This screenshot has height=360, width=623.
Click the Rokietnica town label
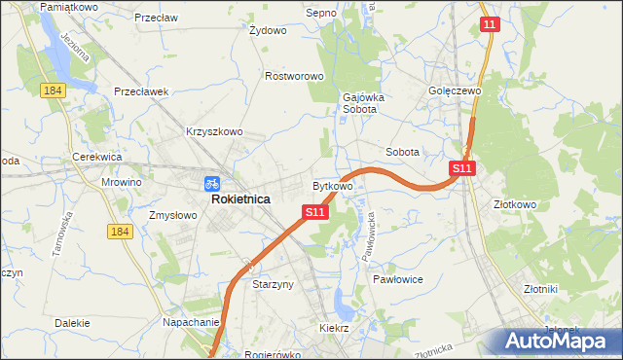[x=240, y=198]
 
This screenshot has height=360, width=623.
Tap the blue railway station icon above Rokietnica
[x=212, y=183]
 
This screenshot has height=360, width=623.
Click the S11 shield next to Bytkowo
[x=313, y=211]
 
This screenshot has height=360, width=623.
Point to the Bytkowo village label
[x=332, y=185]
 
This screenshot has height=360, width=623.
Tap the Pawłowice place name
[x=397, y=278]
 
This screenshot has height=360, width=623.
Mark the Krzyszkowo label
[x=214, y=131]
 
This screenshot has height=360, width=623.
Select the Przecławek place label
[x=142, y=91]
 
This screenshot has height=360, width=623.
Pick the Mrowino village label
[x=122, y=182]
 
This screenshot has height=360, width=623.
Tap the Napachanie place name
[x=191, y=320]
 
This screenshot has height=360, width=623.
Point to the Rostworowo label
[x=294, y=76]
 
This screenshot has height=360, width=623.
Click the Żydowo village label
[x=268, y=30]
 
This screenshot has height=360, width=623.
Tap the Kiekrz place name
[x=334, y=329]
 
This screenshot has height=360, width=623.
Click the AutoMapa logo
[x=556, y=341]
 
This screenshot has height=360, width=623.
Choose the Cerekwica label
[x=96, y=157]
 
